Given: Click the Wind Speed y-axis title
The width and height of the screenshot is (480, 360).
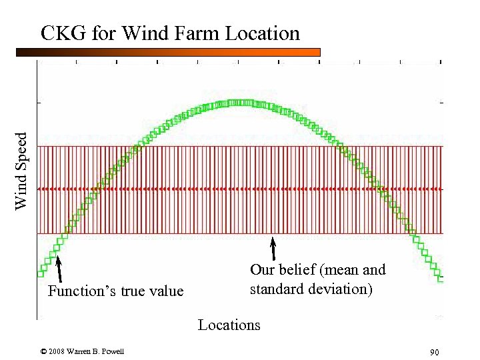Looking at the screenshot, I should [22, 170].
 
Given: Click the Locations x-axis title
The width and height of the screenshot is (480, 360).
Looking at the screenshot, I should [229, 325].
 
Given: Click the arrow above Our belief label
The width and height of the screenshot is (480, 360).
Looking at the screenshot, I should [273, 249].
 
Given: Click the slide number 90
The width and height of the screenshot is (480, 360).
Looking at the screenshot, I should [434, 352].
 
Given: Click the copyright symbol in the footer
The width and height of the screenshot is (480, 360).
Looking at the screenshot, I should [43, 351].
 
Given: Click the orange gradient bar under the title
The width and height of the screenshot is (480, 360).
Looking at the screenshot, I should [167, 52].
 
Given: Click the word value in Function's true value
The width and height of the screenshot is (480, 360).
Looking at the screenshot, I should [165, 291].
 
